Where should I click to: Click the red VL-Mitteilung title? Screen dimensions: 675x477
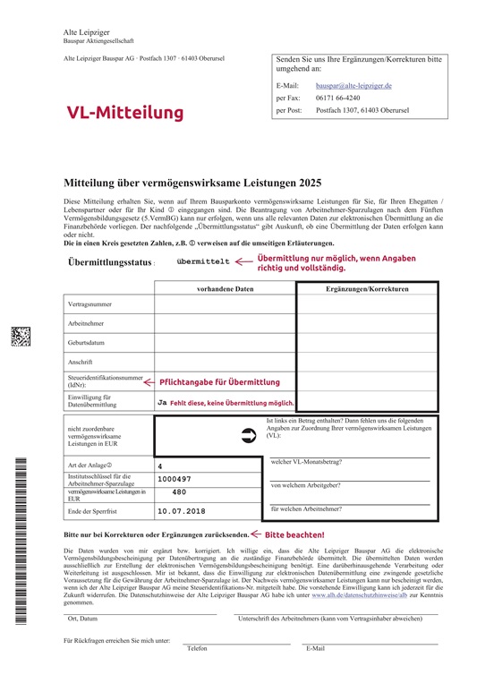124,112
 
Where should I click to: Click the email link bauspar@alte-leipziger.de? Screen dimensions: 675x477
353,85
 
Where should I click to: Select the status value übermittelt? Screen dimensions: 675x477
203,261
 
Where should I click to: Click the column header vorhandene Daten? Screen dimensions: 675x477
226,289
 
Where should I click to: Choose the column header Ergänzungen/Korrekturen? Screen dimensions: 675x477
367,289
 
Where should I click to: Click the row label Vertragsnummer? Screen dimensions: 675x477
89,304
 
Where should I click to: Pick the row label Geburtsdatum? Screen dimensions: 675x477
88,342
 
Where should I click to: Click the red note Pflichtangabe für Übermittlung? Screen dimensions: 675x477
219,381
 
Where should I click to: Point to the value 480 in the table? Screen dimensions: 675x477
179,492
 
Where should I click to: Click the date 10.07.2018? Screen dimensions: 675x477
182,511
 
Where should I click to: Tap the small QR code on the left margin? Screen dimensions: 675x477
21,337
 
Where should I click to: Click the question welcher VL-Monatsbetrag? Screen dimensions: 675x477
311,462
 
